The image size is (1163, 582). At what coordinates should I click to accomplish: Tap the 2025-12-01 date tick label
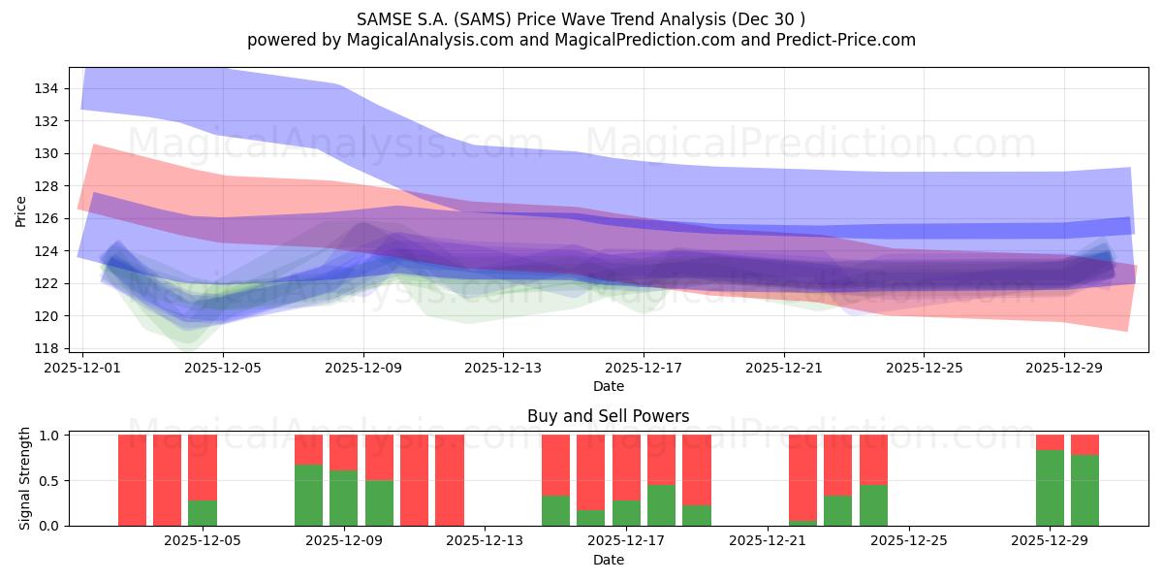pos(82,369)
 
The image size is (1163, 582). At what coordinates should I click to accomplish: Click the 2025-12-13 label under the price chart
pos(502,369)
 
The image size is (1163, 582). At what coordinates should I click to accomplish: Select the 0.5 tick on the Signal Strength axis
pos(48,480)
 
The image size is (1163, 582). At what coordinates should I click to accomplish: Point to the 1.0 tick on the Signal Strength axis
pos(48,436)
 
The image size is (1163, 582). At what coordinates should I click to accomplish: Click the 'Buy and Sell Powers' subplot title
pos(608,416)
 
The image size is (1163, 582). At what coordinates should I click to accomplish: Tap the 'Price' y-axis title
pos(21,210)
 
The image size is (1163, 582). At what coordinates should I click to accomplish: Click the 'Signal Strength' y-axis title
pos(26,479)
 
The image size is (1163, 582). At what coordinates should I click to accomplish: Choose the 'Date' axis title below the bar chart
pos(608,560)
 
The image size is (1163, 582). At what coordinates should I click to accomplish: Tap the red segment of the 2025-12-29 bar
pos(1050,442)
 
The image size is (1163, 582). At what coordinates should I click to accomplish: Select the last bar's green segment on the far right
pos(1084,491)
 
